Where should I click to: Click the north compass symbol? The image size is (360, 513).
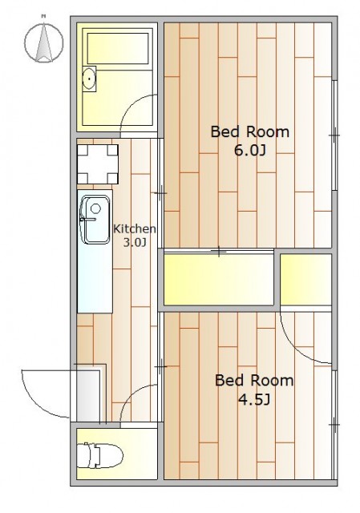point(44,38)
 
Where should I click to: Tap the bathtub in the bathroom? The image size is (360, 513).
point(118,48)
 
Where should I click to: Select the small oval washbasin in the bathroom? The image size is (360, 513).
point(89,79)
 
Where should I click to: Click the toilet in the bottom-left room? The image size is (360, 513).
point(99,454)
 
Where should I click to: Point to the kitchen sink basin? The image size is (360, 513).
point(95,220)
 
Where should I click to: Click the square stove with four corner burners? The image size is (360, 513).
point(98,164)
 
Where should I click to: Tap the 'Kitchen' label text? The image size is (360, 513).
point(134,229)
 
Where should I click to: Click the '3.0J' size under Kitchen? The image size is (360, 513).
point(134,242)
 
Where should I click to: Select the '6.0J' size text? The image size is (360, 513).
point(249,151)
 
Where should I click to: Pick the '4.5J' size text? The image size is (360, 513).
point(254,399)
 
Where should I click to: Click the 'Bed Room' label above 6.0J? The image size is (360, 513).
point(249,131)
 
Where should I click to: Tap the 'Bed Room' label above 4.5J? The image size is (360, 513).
point(254,381)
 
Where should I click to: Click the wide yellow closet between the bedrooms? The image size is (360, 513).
point(219,280)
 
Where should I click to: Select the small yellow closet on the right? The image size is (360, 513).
point(306,280)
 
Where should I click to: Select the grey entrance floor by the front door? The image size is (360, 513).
point(88,396)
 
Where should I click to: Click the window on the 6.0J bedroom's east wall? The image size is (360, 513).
point(334,135)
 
